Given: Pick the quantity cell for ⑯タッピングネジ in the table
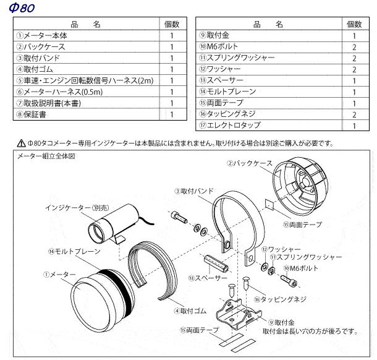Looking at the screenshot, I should coord(354,114).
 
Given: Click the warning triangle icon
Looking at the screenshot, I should coord(21,143).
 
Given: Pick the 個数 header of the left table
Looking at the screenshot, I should coord(172,24).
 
